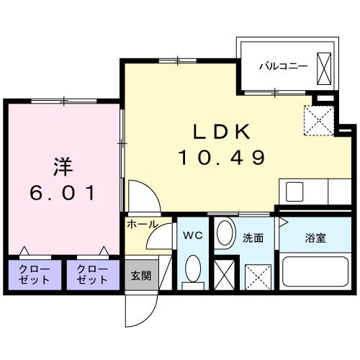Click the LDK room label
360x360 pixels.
(222, 131)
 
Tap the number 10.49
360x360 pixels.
(222, 156)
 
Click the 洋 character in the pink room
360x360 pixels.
(62, 166)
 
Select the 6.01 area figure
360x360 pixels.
(62, 193)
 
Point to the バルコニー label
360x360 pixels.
(284, 66)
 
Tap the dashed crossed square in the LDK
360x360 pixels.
(318, 120)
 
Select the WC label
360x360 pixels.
(191, 235)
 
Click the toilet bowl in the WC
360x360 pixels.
(192, 271)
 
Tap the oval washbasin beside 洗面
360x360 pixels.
(225, 234)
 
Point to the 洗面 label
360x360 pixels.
(252, 236)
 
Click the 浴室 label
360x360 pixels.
(313, 236)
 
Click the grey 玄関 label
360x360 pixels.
(140, 276)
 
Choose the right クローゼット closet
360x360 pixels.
(91, 274)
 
